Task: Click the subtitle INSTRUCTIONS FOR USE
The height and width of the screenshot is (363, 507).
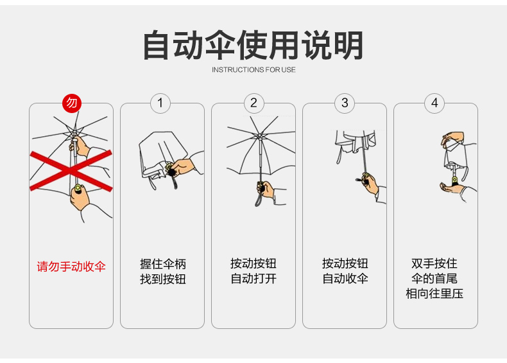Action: pos(253,69)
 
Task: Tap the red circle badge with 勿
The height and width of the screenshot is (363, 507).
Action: pos(71,103)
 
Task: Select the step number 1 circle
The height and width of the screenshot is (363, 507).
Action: pos(160,103)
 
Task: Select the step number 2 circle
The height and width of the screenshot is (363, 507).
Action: pos(253,103)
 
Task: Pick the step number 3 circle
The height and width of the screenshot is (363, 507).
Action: pos(345,103)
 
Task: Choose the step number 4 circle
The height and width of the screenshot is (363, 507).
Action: pos(434,103)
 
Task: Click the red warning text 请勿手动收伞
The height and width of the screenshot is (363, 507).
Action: pos(71,266)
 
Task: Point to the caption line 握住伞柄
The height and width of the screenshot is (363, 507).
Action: pos(162,264)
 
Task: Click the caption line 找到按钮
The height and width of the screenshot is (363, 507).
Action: pos(162,279)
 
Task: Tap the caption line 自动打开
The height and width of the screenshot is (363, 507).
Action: pos(253,279)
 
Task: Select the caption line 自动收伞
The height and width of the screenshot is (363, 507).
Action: pos(345,279)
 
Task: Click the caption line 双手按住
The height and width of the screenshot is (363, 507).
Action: pos(434,264)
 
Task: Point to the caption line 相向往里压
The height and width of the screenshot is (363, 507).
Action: pos(434,294)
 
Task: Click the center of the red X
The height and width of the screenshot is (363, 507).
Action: pos(71,170)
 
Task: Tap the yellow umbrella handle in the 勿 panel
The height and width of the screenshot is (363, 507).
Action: pos(78,188)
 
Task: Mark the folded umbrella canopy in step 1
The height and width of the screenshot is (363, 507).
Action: pos(154,154)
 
